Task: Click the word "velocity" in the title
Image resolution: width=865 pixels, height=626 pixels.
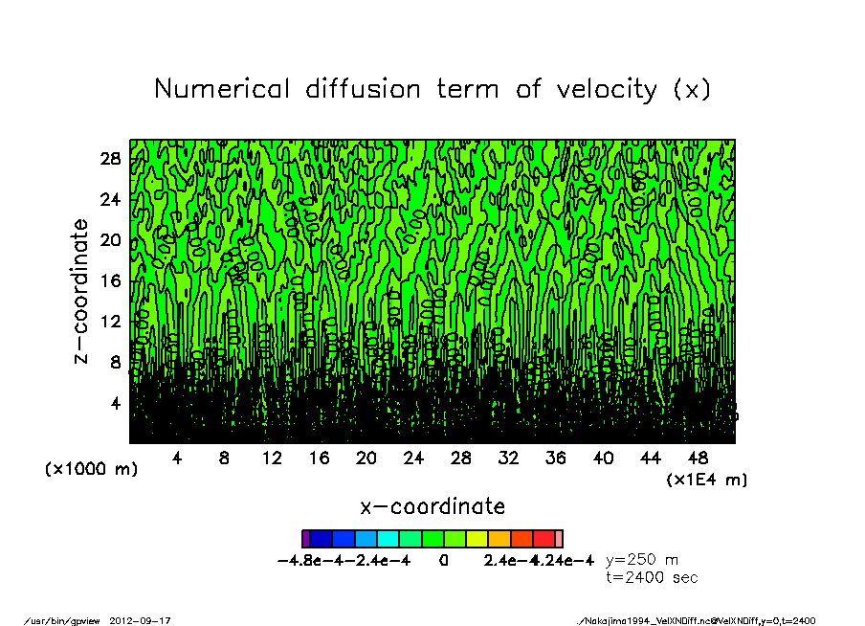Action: tap(596, 90)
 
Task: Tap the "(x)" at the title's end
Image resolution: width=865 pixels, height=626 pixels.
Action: tap(691, 90)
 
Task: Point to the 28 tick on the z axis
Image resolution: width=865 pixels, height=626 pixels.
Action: tap(111, 159)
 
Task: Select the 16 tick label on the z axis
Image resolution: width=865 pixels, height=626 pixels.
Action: tap(111, 281)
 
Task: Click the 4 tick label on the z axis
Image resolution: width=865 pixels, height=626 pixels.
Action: tap(116, 403)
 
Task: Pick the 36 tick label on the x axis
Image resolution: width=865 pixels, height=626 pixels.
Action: tap(555, 458)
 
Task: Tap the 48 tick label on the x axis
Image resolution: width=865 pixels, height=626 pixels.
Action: tap(698, 458)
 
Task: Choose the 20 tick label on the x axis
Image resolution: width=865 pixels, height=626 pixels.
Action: tap(366, 458)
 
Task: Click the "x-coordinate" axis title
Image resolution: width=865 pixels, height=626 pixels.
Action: tap(432, 506)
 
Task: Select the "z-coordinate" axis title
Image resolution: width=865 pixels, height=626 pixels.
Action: tap(81, 291)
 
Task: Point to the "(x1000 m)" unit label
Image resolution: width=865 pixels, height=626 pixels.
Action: tap(92, 469)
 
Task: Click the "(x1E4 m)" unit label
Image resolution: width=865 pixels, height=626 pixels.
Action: tap(707, 479)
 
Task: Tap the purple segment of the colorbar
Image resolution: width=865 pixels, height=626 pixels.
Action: tap(305, 539)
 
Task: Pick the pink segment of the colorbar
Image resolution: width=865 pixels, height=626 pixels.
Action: tap(559, 539)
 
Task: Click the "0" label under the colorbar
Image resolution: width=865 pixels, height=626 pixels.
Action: tap(443, 561)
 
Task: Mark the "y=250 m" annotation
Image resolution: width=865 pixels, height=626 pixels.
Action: tap(642, 560)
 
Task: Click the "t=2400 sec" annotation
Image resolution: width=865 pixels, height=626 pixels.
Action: tap(652, 577)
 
